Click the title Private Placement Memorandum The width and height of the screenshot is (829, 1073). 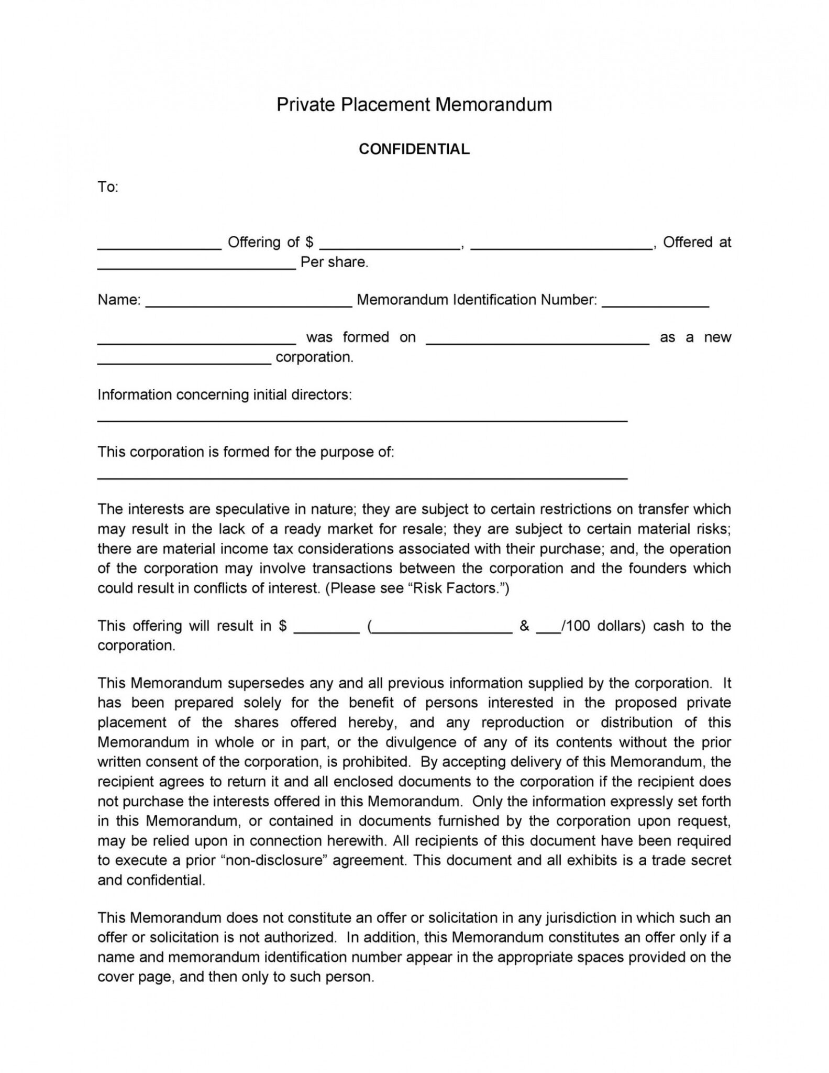(x=414, y=105)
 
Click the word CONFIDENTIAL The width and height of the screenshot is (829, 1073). (x=414, y=149)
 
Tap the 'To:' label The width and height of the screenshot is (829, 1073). (x=108, y=187)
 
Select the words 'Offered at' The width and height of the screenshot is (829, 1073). (x=697, y=242)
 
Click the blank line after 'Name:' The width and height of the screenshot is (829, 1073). (x=248, y=305)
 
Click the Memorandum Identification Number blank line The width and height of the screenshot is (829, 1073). (x=655, y=305)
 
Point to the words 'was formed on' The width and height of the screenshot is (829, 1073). (x=360, y=337)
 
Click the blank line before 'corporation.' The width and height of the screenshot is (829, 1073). (x=184, y=362)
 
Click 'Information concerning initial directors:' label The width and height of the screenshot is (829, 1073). (x=224, y=395)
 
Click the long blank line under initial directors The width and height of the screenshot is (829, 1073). (x=362, y=420)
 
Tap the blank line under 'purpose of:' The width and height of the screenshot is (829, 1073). (x=362, y=478)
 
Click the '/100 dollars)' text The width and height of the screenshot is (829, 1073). (x=602, y=626)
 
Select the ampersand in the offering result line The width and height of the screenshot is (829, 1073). (x=524, y=626)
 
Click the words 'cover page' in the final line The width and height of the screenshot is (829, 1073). (x=135, y=977)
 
